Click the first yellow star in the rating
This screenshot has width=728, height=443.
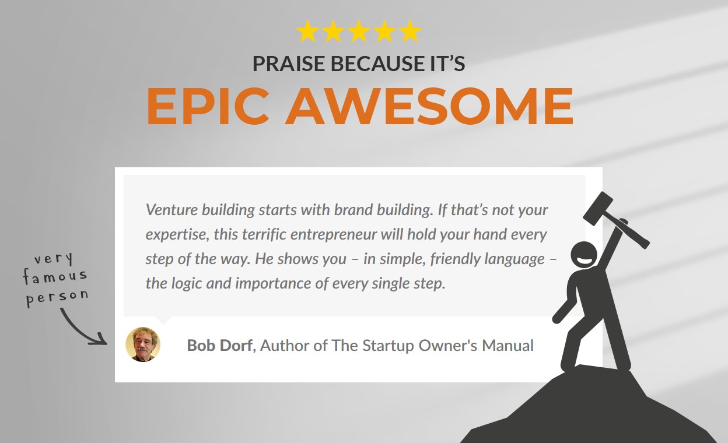point(307,31)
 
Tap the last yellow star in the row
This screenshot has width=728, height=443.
point(410,31)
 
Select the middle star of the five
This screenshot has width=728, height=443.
point(359,31)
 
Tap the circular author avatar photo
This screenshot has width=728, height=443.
point(143,344)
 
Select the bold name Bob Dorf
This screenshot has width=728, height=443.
point(220,346)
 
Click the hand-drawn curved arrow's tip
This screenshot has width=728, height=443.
point(105,341)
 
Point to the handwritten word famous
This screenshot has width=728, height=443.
point(55,276)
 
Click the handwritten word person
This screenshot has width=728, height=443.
point(57,297)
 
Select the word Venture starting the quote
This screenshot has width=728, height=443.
point(171,209)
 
